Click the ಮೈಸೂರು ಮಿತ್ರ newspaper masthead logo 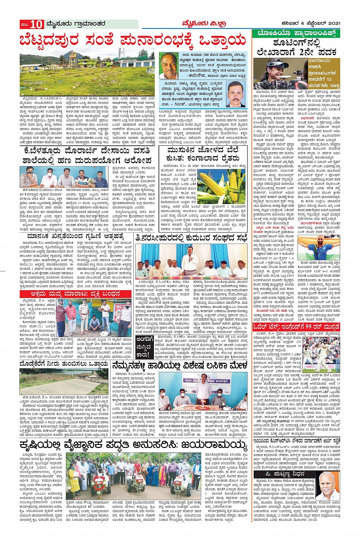[198, 25]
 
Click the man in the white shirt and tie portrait [236, 94]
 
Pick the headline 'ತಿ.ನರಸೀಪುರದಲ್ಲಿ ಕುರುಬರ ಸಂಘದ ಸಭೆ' [192, 238]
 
